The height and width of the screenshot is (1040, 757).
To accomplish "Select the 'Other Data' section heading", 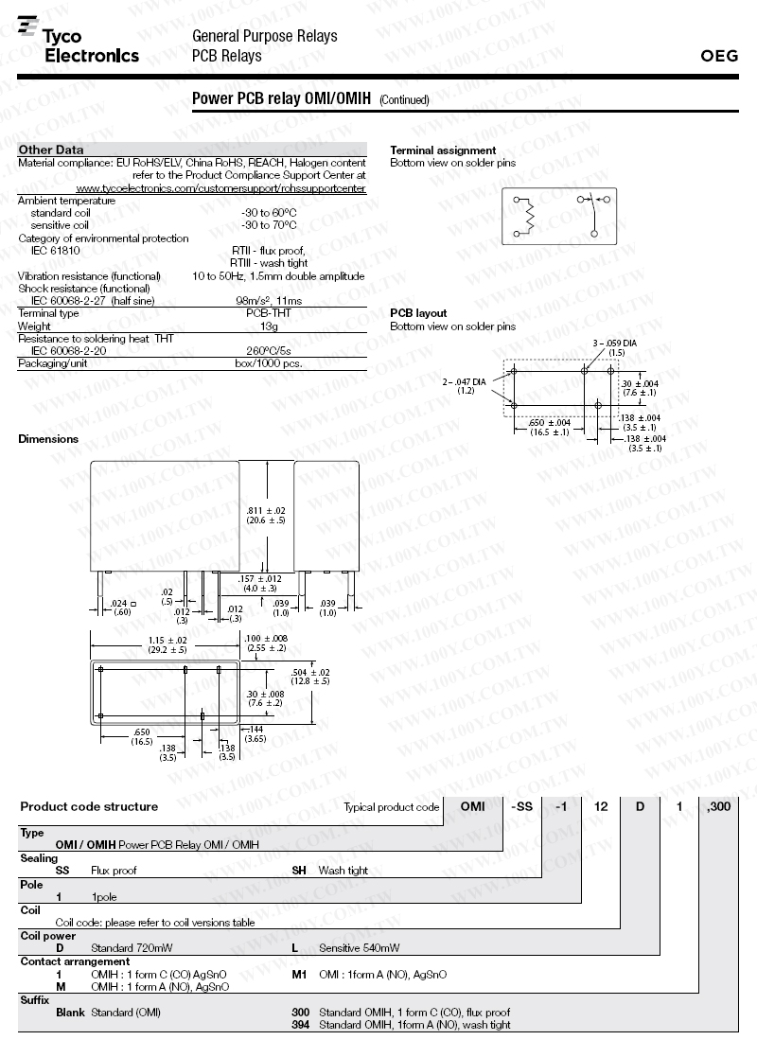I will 51,150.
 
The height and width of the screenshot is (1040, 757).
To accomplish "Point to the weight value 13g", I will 269,326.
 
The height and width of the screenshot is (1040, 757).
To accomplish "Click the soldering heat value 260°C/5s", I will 269,350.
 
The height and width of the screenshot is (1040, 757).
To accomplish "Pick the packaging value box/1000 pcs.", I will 269,362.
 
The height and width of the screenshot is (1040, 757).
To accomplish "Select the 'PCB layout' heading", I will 418,313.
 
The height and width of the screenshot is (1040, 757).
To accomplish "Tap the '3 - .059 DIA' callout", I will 614,343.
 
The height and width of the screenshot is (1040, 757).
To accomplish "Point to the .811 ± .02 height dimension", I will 266,515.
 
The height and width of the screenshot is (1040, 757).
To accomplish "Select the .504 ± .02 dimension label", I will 311,676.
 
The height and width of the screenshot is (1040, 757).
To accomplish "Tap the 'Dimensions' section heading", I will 48,439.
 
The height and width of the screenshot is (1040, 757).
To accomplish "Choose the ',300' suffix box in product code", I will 718,806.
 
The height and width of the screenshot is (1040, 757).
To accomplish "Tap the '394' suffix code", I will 300,1025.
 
